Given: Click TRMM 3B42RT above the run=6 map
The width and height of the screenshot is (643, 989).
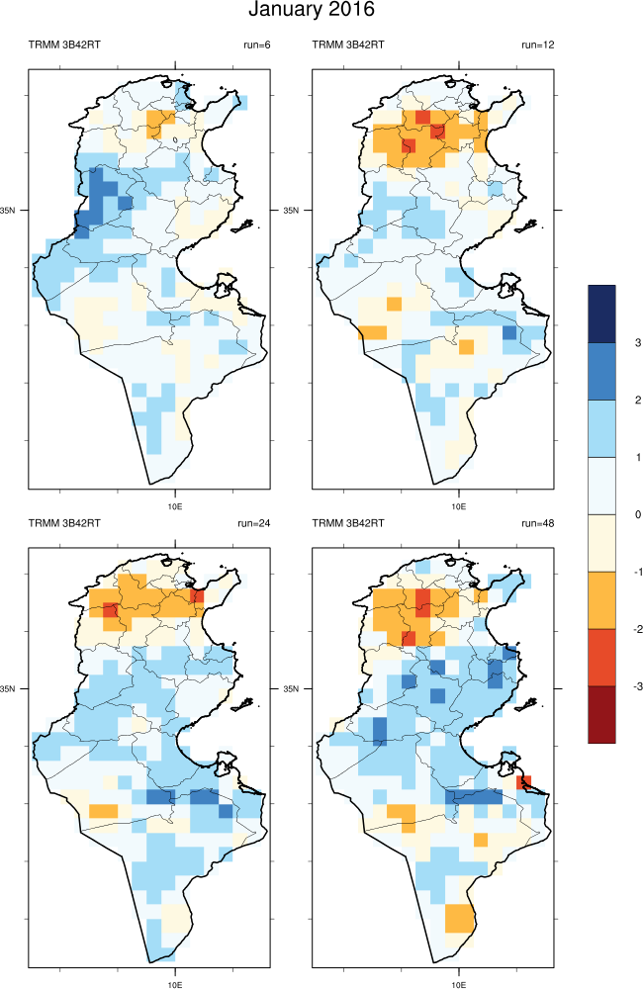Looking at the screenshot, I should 64,45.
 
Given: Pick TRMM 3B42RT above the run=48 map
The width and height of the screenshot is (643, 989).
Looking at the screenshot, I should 348,522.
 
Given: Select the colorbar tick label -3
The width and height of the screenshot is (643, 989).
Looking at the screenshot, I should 637,685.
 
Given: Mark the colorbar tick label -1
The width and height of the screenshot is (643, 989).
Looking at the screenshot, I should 637,572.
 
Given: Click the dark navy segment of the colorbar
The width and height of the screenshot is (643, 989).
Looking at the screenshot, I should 601,314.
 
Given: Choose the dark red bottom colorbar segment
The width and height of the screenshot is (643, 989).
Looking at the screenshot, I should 601,714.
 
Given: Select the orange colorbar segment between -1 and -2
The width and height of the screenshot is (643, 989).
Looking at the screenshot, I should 601,599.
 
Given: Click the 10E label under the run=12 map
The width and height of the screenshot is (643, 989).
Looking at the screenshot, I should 459,505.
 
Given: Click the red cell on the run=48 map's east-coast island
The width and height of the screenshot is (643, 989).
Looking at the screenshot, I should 525,781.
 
